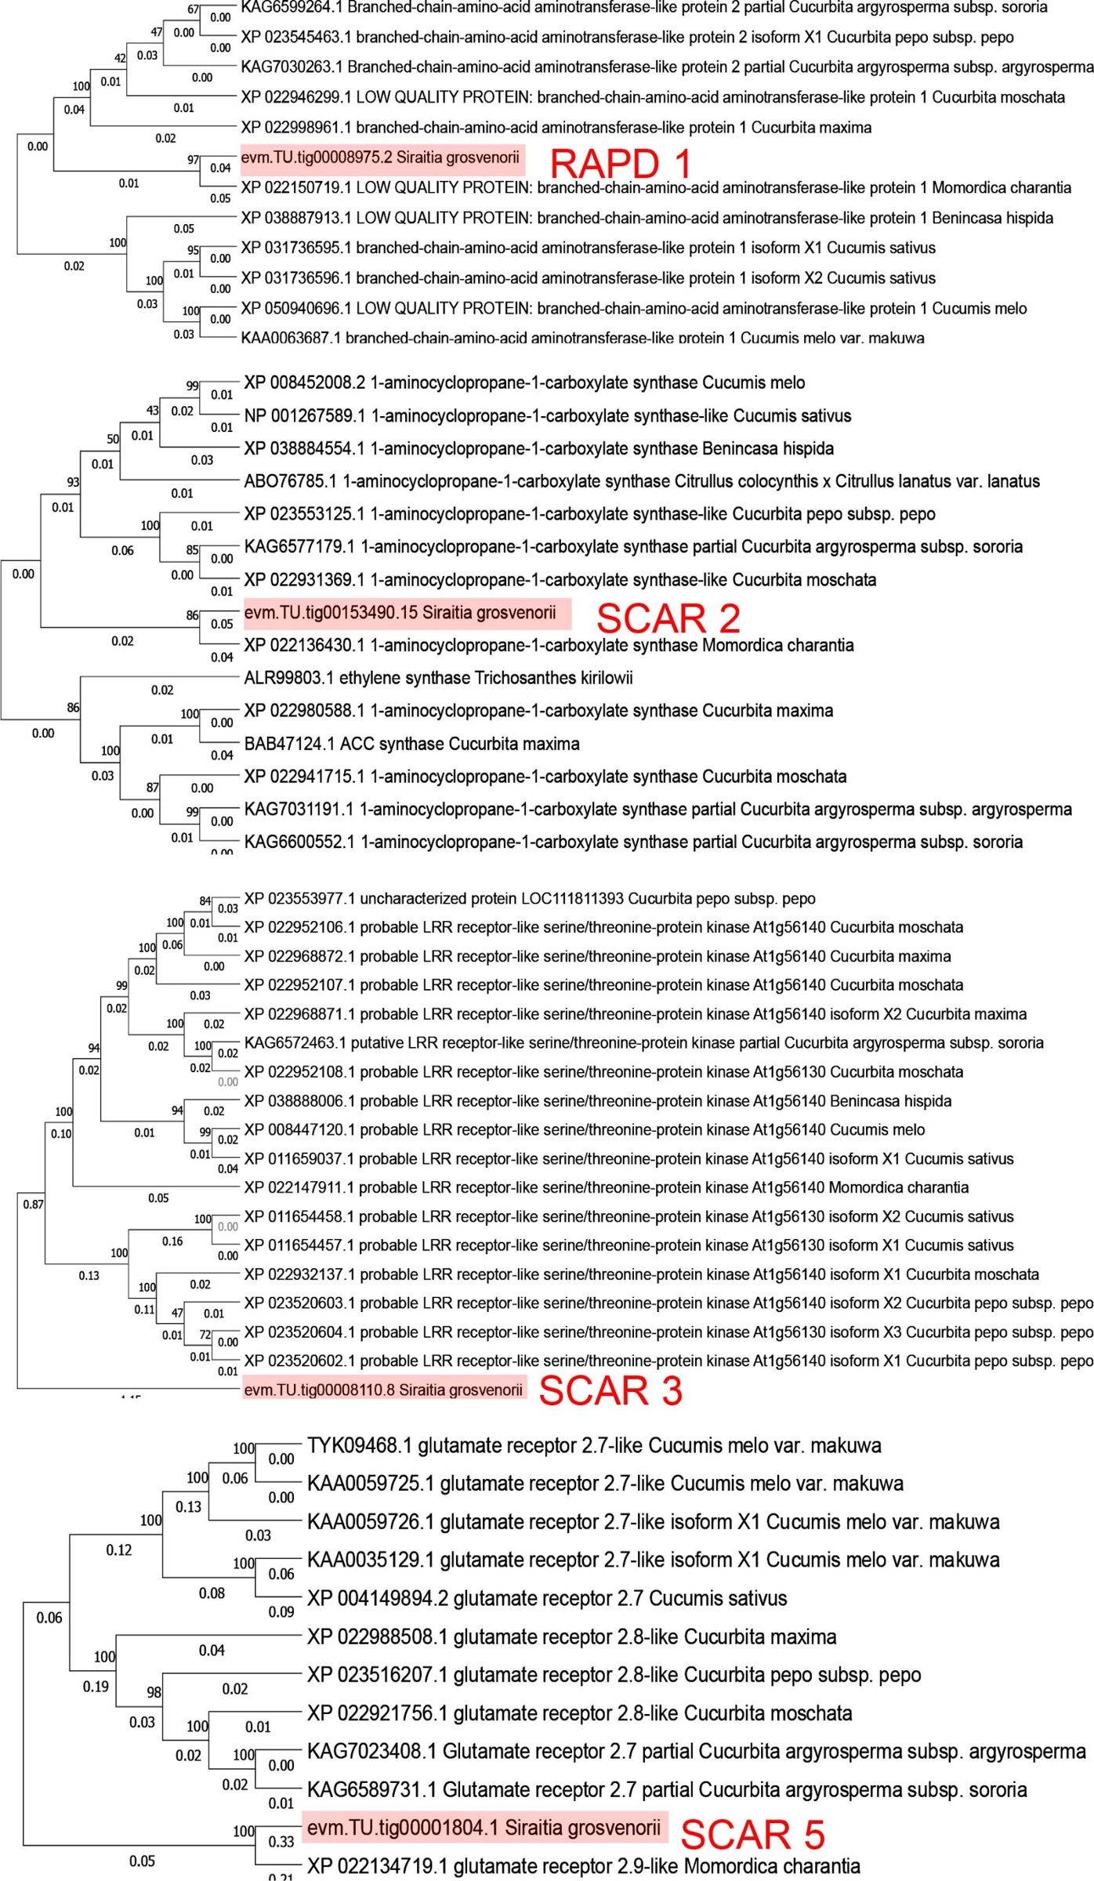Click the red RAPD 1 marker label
[621, 164]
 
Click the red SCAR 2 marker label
[668, 618]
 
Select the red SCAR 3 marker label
[610, 1390]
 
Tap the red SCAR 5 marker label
[752, 1834]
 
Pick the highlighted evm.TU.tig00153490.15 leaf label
[400, 612]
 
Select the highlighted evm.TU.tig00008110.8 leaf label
[383, 1390]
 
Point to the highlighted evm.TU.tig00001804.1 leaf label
[484, 1828]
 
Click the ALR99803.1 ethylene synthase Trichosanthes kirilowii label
[438, 678]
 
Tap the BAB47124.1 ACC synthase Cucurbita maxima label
[411, 744]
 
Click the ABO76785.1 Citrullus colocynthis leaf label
[641, 481]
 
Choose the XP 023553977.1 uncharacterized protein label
[529, 898]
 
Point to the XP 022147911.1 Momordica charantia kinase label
[606, 1187]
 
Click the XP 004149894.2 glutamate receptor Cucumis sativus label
[546, 1597]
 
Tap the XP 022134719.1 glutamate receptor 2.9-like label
[583, 1865]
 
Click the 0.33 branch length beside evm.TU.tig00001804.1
[281, 1842]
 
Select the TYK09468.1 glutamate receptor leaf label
[594, 1445]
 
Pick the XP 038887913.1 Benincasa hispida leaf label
[647, 218]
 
